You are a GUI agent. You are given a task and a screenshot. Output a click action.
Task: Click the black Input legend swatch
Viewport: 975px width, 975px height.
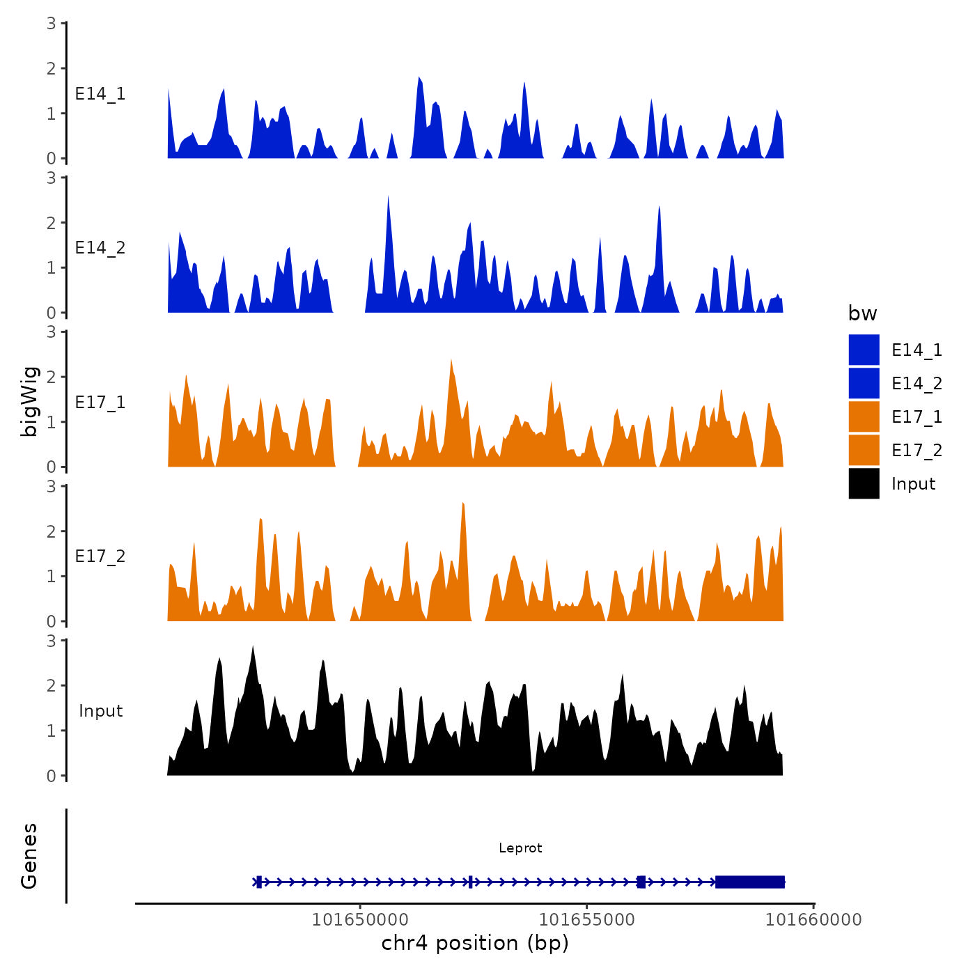pos(864,483)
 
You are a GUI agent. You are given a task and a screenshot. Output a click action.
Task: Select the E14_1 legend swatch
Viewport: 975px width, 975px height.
pos(864,350)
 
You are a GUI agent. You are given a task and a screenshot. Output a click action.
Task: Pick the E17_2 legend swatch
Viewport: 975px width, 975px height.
pos(864,450)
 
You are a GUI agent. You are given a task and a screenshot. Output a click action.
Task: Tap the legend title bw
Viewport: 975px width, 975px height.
pos(862,313)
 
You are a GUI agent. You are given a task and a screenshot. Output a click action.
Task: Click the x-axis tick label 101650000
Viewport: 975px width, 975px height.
pos(360,919)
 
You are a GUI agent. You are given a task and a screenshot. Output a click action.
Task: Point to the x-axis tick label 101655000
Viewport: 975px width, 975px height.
pos(587,919)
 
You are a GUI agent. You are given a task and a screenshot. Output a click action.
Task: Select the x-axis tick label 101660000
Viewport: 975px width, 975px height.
pos(813,919)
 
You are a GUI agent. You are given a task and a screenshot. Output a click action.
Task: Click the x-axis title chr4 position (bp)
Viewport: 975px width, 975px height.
pos(475,943)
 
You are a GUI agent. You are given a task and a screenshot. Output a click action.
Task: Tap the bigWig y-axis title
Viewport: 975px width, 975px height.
pos(29,401)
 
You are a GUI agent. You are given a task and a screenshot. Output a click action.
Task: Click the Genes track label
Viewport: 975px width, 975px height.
pos(29,856)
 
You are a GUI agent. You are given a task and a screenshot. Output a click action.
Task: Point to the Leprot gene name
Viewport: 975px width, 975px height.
pos(520,848)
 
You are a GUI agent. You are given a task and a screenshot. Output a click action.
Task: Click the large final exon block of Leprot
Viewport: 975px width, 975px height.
pos(750,882)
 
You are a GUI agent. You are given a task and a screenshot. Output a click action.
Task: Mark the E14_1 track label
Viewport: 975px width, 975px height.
pos(100,94)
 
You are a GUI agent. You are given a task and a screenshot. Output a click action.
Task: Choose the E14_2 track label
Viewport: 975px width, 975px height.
pos(100,248)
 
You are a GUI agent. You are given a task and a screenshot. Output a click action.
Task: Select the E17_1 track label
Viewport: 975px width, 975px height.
pos(100,403)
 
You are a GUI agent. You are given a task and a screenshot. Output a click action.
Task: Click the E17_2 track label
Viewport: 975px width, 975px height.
pos(100,556)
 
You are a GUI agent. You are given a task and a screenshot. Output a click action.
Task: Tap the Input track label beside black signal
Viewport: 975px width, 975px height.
pos(100,711)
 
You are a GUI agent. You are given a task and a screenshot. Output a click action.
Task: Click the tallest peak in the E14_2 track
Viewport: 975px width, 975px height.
pos(388,198)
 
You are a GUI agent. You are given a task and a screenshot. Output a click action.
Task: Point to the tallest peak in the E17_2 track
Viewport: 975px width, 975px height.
pos(462,504)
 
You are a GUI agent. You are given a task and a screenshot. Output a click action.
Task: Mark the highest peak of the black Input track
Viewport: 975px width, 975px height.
pos(253,648)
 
